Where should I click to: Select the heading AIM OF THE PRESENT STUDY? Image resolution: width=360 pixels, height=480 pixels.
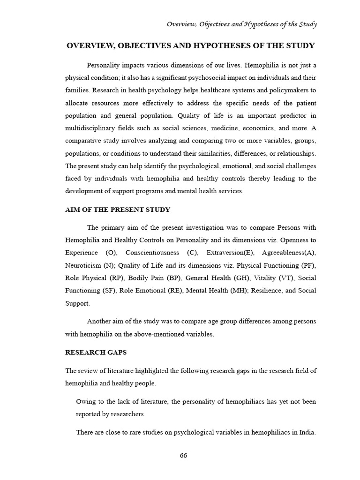point(118,210)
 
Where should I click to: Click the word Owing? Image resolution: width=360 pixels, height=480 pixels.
point(86,402)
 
